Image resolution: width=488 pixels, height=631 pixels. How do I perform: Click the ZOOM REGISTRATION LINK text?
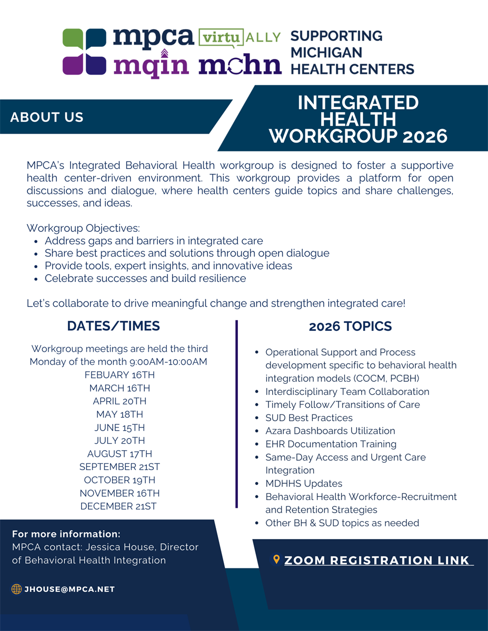(x=377, y=561)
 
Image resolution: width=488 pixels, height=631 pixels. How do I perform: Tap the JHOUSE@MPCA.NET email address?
(x=69, y=589)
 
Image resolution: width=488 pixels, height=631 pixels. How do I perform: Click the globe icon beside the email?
(x=16, y=589)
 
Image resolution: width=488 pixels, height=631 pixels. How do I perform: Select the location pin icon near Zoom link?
(x=276, y=560)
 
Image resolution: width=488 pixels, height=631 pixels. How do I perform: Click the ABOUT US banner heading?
(x=47, y=117)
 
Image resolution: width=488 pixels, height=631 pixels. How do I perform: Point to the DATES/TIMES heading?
(x=113, y=326)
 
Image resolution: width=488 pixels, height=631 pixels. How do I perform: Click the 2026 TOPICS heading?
(x=350, y=327)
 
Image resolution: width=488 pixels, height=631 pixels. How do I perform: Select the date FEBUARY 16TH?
(x=119, y=375)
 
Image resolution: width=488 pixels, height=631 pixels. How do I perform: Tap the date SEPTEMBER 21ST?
(x=119, y=467)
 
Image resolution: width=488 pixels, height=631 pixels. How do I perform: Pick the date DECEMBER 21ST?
(x=118, y=506)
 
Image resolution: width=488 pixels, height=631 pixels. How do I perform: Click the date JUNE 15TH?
(x=119, y=428)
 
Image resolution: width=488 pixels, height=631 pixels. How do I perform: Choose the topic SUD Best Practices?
(x=309, y=418)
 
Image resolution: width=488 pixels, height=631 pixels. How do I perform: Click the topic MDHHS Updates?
(x=304, y=484)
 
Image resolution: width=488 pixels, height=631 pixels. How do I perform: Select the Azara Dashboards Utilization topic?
(x=330, y=431)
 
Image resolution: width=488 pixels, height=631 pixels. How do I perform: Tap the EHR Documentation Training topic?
(x=331, y=444)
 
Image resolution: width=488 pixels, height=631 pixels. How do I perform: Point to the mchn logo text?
(x=240, y=65)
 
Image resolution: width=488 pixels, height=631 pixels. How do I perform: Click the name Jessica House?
(x=127, y=547)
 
